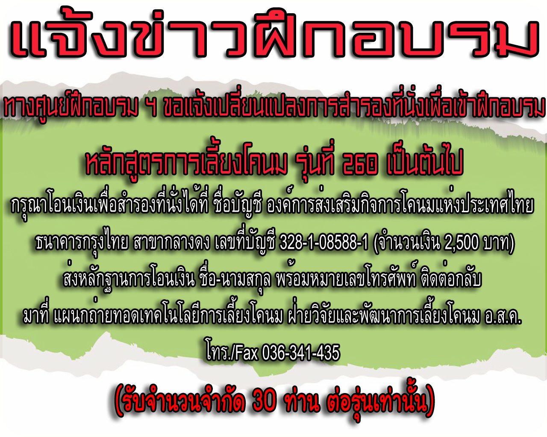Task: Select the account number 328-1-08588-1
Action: pos(324,242)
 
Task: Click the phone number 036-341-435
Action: pos(301,353)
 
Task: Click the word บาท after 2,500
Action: pos(497,243)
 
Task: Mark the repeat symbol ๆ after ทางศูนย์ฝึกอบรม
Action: pos(153,110)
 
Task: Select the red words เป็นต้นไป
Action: pos(424,163)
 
